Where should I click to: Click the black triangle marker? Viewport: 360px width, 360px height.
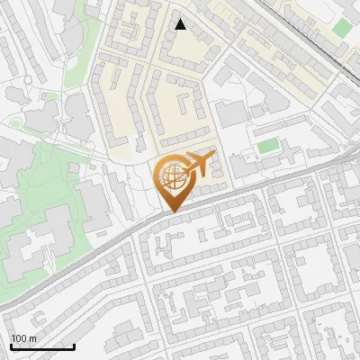181,25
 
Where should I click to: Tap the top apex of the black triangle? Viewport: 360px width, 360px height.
181,19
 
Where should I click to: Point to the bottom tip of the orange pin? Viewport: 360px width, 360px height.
171,212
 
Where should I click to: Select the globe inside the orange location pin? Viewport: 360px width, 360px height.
171,176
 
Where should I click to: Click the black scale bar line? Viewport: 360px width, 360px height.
41,347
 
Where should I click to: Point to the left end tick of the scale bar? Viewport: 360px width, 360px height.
11,346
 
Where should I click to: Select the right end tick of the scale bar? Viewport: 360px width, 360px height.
73,346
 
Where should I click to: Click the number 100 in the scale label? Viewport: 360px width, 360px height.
19,338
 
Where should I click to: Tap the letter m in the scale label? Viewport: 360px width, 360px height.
32,338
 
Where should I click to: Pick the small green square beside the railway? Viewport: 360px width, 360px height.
341,27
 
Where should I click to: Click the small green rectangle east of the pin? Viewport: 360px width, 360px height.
267,145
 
